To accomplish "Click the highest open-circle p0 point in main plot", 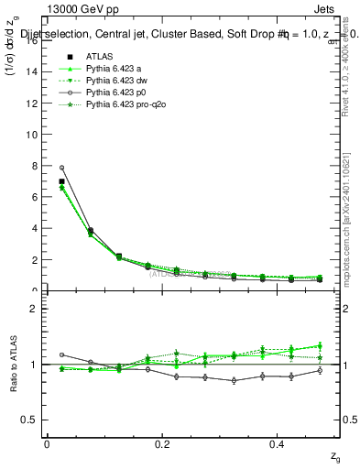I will click(x=62, y=168).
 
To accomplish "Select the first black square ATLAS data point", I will click(x=62, y=181).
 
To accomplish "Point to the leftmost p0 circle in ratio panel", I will click(x=62, y=354).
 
